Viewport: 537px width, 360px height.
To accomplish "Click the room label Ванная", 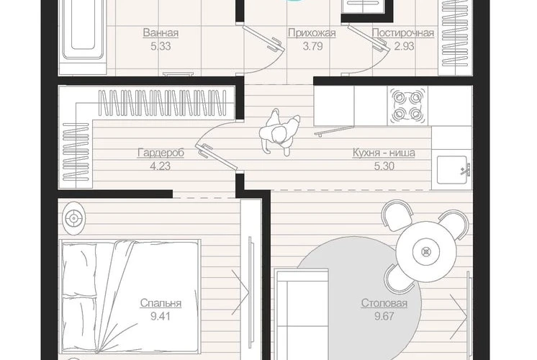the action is (161, 33).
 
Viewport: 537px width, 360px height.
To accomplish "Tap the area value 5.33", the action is (161, 46).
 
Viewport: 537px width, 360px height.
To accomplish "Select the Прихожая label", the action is (312, 33).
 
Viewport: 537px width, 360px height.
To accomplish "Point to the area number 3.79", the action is (312, 46).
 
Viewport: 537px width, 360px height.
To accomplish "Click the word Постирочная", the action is (403, 33).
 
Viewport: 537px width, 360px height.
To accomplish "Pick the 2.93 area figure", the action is (404, 46).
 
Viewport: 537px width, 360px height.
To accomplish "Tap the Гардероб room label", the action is (161, 153).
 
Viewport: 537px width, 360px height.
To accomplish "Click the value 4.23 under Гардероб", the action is (161, 166).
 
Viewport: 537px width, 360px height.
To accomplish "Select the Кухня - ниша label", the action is (384, 153).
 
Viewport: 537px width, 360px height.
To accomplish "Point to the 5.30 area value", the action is (384, 166).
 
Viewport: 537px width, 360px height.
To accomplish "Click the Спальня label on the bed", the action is (161, 304).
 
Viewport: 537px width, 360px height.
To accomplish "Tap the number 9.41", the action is (161, 317).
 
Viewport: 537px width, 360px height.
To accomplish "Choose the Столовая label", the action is (384, 304).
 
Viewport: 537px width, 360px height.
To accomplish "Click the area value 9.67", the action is (384, 317).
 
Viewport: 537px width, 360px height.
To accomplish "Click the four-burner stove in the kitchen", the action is (407, 105).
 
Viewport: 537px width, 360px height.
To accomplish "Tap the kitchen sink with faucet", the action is (453, 170).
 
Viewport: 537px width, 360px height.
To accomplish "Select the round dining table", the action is (426, 252).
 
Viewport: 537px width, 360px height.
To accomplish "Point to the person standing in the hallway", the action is (279, 132).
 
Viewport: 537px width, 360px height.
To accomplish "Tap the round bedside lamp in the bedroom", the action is (73, 218).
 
